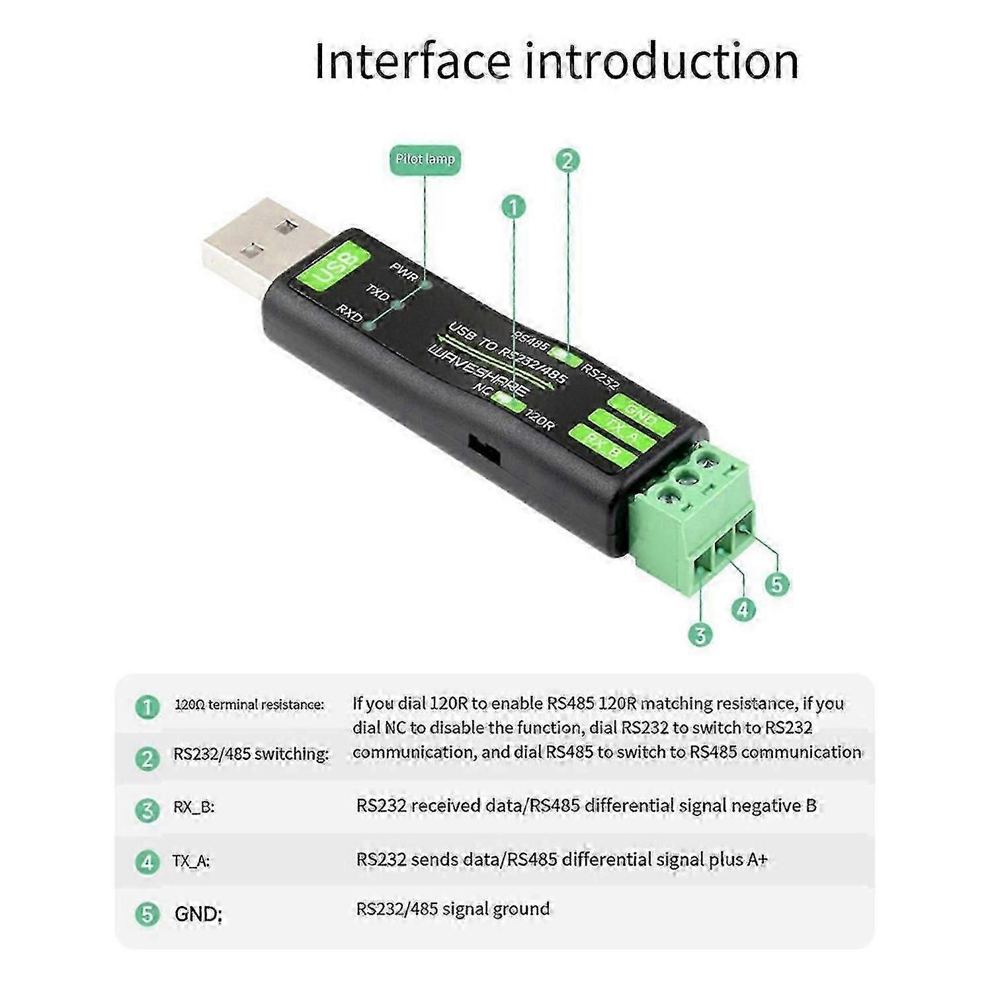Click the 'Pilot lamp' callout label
point(425,159)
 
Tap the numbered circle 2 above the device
point(567,161)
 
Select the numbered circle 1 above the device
point(513,207)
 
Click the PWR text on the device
point(403,271)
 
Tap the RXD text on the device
point(350,313)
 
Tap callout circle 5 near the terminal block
point(777,584)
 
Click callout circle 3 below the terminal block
point(700,635)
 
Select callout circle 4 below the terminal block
point(743,609)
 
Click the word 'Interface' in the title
point(412,61)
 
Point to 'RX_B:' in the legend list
point(194,807)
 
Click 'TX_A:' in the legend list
point(191,861)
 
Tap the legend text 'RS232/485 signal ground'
point(453,909)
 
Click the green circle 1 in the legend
point(147,706)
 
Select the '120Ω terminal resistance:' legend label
point(249,705)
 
